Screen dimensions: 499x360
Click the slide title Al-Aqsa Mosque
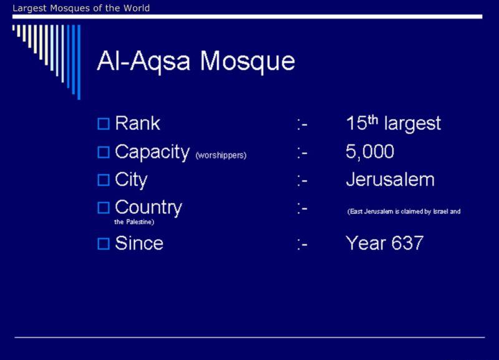196,61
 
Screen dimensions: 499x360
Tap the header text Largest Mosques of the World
81,8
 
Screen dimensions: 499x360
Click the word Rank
137,123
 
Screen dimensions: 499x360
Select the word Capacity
152,152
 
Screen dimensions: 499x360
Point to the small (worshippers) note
221,155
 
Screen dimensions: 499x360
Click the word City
131,180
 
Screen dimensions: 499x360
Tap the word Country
148,208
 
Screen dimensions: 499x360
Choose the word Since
139,243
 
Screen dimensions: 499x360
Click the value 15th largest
394,123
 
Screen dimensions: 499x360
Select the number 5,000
370,152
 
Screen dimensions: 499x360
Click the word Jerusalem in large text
390,180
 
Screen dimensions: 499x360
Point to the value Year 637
384,243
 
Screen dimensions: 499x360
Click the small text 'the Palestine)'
134,222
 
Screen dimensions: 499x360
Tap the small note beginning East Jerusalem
404,212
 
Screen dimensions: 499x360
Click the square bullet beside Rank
104,124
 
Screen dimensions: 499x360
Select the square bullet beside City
104,180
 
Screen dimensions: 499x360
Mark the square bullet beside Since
104,244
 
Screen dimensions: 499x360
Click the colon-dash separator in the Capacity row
302,153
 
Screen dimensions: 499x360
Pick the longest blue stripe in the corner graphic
79,62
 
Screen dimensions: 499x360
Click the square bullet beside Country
104,208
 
